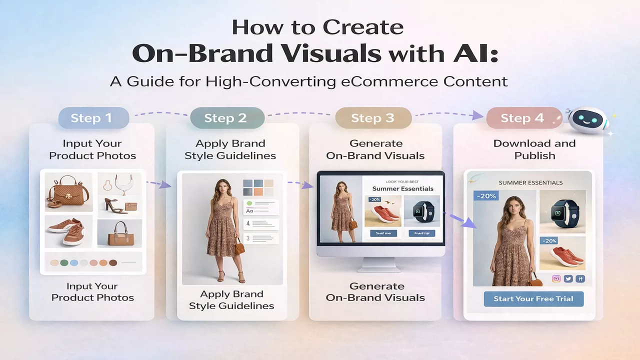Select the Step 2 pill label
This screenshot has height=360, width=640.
click(225, 118)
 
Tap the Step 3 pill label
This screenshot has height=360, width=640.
click(372, 118)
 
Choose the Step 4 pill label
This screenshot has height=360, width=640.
click(522, 118)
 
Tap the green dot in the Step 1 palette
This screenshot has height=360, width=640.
click(64, 262)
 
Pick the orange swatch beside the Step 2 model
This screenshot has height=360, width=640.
click(258, 192)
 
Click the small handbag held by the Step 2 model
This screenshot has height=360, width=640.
click(239, 246)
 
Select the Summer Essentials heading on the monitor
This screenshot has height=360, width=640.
click(403, 189)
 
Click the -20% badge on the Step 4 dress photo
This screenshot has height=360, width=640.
click(486, 196)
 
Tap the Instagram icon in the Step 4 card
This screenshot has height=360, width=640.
click(555, 279)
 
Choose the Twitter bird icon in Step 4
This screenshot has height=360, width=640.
click(568, 279)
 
